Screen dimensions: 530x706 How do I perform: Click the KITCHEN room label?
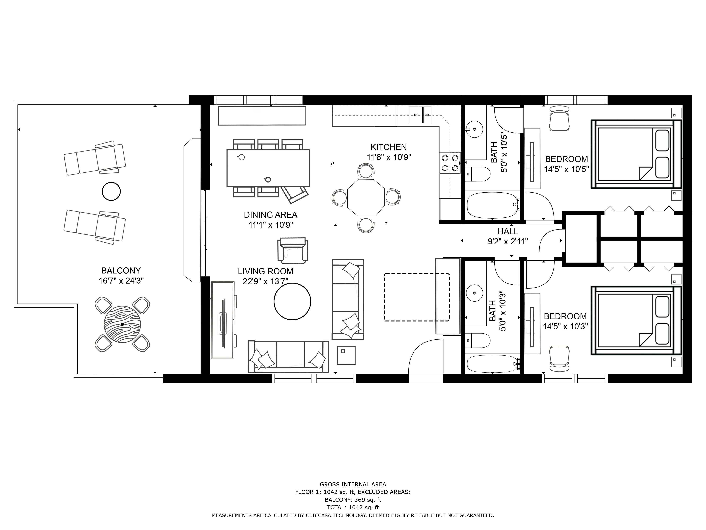point(388,147)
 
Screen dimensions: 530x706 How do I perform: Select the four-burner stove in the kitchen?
point(450,163)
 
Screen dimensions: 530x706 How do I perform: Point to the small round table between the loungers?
point(111,191)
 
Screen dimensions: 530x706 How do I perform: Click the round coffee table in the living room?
point(292,301)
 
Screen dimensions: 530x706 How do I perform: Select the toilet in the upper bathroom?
point(477,174)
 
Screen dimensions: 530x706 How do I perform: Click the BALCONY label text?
point(121,271)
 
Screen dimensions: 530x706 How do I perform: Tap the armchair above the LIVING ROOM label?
point(293,251)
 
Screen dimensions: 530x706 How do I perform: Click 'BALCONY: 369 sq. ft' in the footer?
point(353,500)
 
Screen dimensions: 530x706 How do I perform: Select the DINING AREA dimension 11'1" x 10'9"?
point(271,225)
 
